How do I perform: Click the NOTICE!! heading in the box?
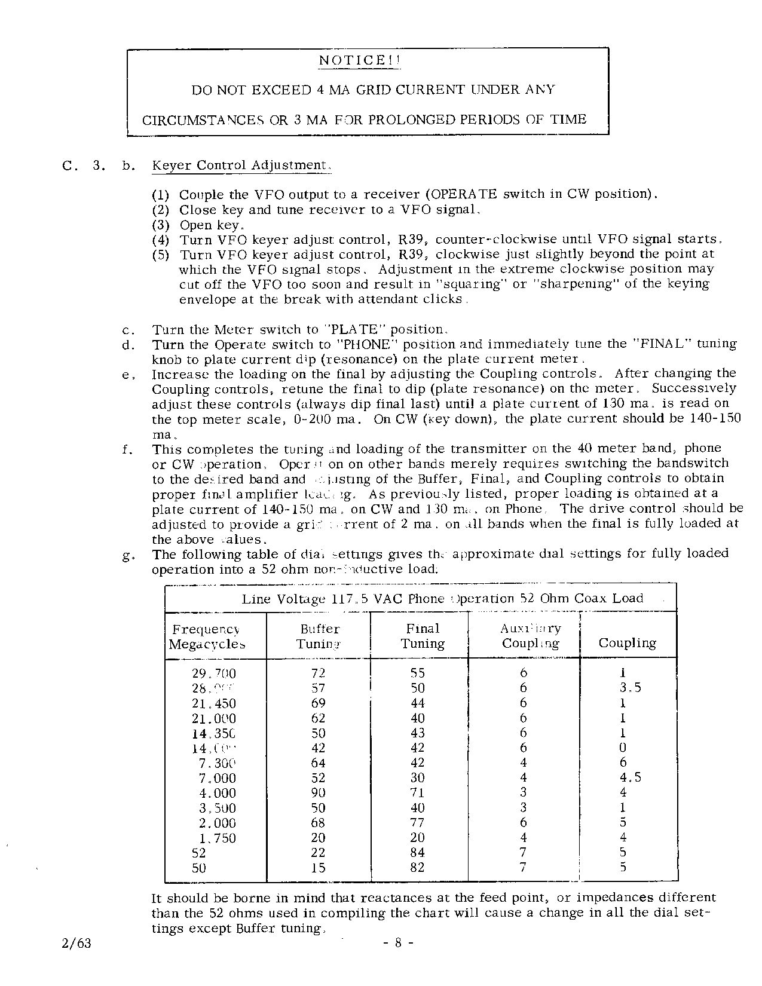(x=360, y=60)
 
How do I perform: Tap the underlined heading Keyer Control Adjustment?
(x=240, y=165)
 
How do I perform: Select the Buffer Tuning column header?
(x=319, y=636)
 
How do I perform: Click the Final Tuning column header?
(x=423, y=636)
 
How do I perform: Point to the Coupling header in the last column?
(x=627, y=643)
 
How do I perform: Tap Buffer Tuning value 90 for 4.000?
(x=318, y=793)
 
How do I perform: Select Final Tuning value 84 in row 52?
(x=417, y=853)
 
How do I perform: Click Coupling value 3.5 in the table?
(x=630, y=688)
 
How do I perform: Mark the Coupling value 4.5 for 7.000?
(x=630, y=778)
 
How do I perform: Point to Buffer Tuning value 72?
(x=318, y=673)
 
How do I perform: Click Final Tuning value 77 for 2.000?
(x=417, y=823)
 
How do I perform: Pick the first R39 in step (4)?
(x=411, y=240)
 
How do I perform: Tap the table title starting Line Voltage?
(x=442, y=598)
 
